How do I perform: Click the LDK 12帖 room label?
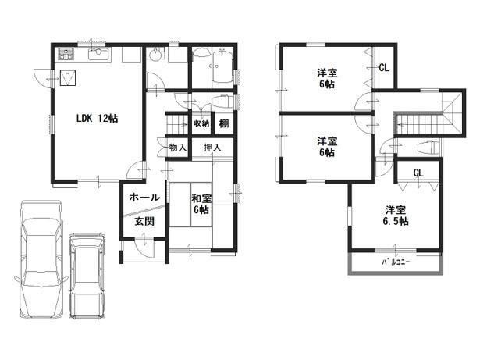tap(96, 119)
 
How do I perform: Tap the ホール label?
tap(145, 197)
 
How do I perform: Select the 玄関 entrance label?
tap(144, 221)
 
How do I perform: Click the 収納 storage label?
tap(201, 123)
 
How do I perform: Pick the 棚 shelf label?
tap(224, 123)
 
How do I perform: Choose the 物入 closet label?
tap(177, 147)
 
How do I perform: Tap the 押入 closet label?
tap(212, 147)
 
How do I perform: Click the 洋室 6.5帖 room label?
tap(396, 216)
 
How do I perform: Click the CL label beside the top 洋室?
tap(384, 68)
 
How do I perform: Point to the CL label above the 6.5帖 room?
tap(418, 173)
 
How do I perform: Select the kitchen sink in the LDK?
tap(99, 54)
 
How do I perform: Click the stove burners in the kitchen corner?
tap(65, 55)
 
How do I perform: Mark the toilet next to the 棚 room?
tap(221, 102)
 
